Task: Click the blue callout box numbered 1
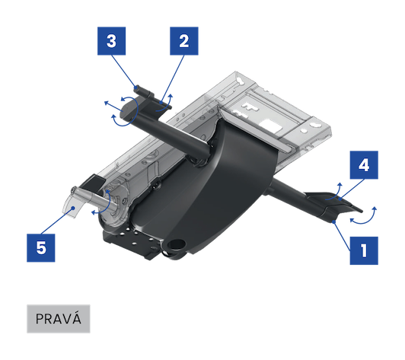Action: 364,250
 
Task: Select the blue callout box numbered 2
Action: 184,41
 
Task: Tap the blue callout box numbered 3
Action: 112,41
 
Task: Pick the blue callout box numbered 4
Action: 364,165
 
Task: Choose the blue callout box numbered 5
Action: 41,248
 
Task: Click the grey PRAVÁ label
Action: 59,319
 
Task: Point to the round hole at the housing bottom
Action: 177,244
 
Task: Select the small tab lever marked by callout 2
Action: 162,104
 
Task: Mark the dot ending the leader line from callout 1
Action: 334,221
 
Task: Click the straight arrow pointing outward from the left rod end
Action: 113,107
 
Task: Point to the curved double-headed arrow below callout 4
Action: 364,219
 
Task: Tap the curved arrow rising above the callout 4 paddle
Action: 334,192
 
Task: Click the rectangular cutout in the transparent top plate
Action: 270,126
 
